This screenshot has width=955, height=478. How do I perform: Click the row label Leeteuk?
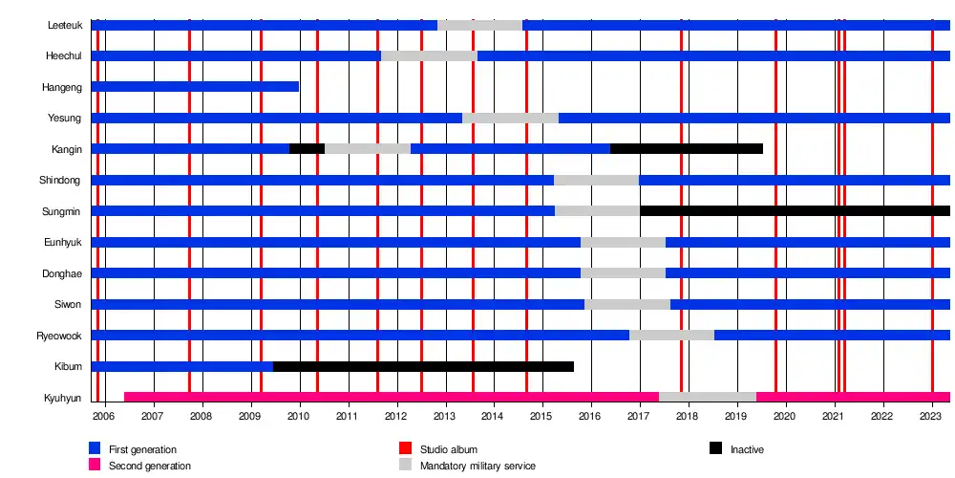64,25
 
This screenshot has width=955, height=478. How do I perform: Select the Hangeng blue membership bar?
195,87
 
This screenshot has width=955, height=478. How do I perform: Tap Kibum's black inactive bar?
423,366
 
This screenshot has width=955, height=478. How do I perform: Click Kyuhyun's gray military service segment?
707,397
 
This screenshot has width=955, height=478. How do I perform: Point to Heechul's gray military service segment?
429,55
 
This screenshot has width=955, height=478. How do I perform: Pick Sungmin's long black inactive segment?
795,210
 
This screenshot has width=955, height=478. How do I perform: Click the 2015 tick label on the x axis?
541,417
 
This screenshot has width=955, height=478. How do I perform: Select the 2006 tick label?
103,417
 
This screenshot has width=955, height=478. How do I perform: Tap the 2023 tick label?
931,417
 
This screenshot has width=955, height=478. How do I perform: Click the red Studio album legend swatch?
405,448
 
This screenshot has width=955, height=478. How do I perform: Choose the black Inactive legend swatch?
715,448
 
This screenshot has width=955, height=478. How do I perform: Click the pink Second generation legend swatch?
95,465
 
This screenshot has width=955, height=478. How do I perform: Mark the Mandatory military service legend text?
477,466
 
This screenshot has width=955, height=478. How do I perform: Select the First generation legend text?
142,449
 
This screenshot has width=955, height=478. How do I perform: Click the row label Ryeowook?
59,336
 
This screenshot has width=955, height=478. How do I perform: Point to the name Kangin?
67,149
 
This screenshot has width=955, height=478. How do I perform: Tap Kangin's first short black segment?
307,148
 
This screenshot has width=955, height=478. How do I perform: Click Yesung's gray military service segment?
510,118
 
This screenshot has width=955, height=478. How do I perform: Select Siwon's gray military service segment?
626,304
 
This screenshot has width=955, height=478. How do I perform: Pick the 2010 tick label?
298,417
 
